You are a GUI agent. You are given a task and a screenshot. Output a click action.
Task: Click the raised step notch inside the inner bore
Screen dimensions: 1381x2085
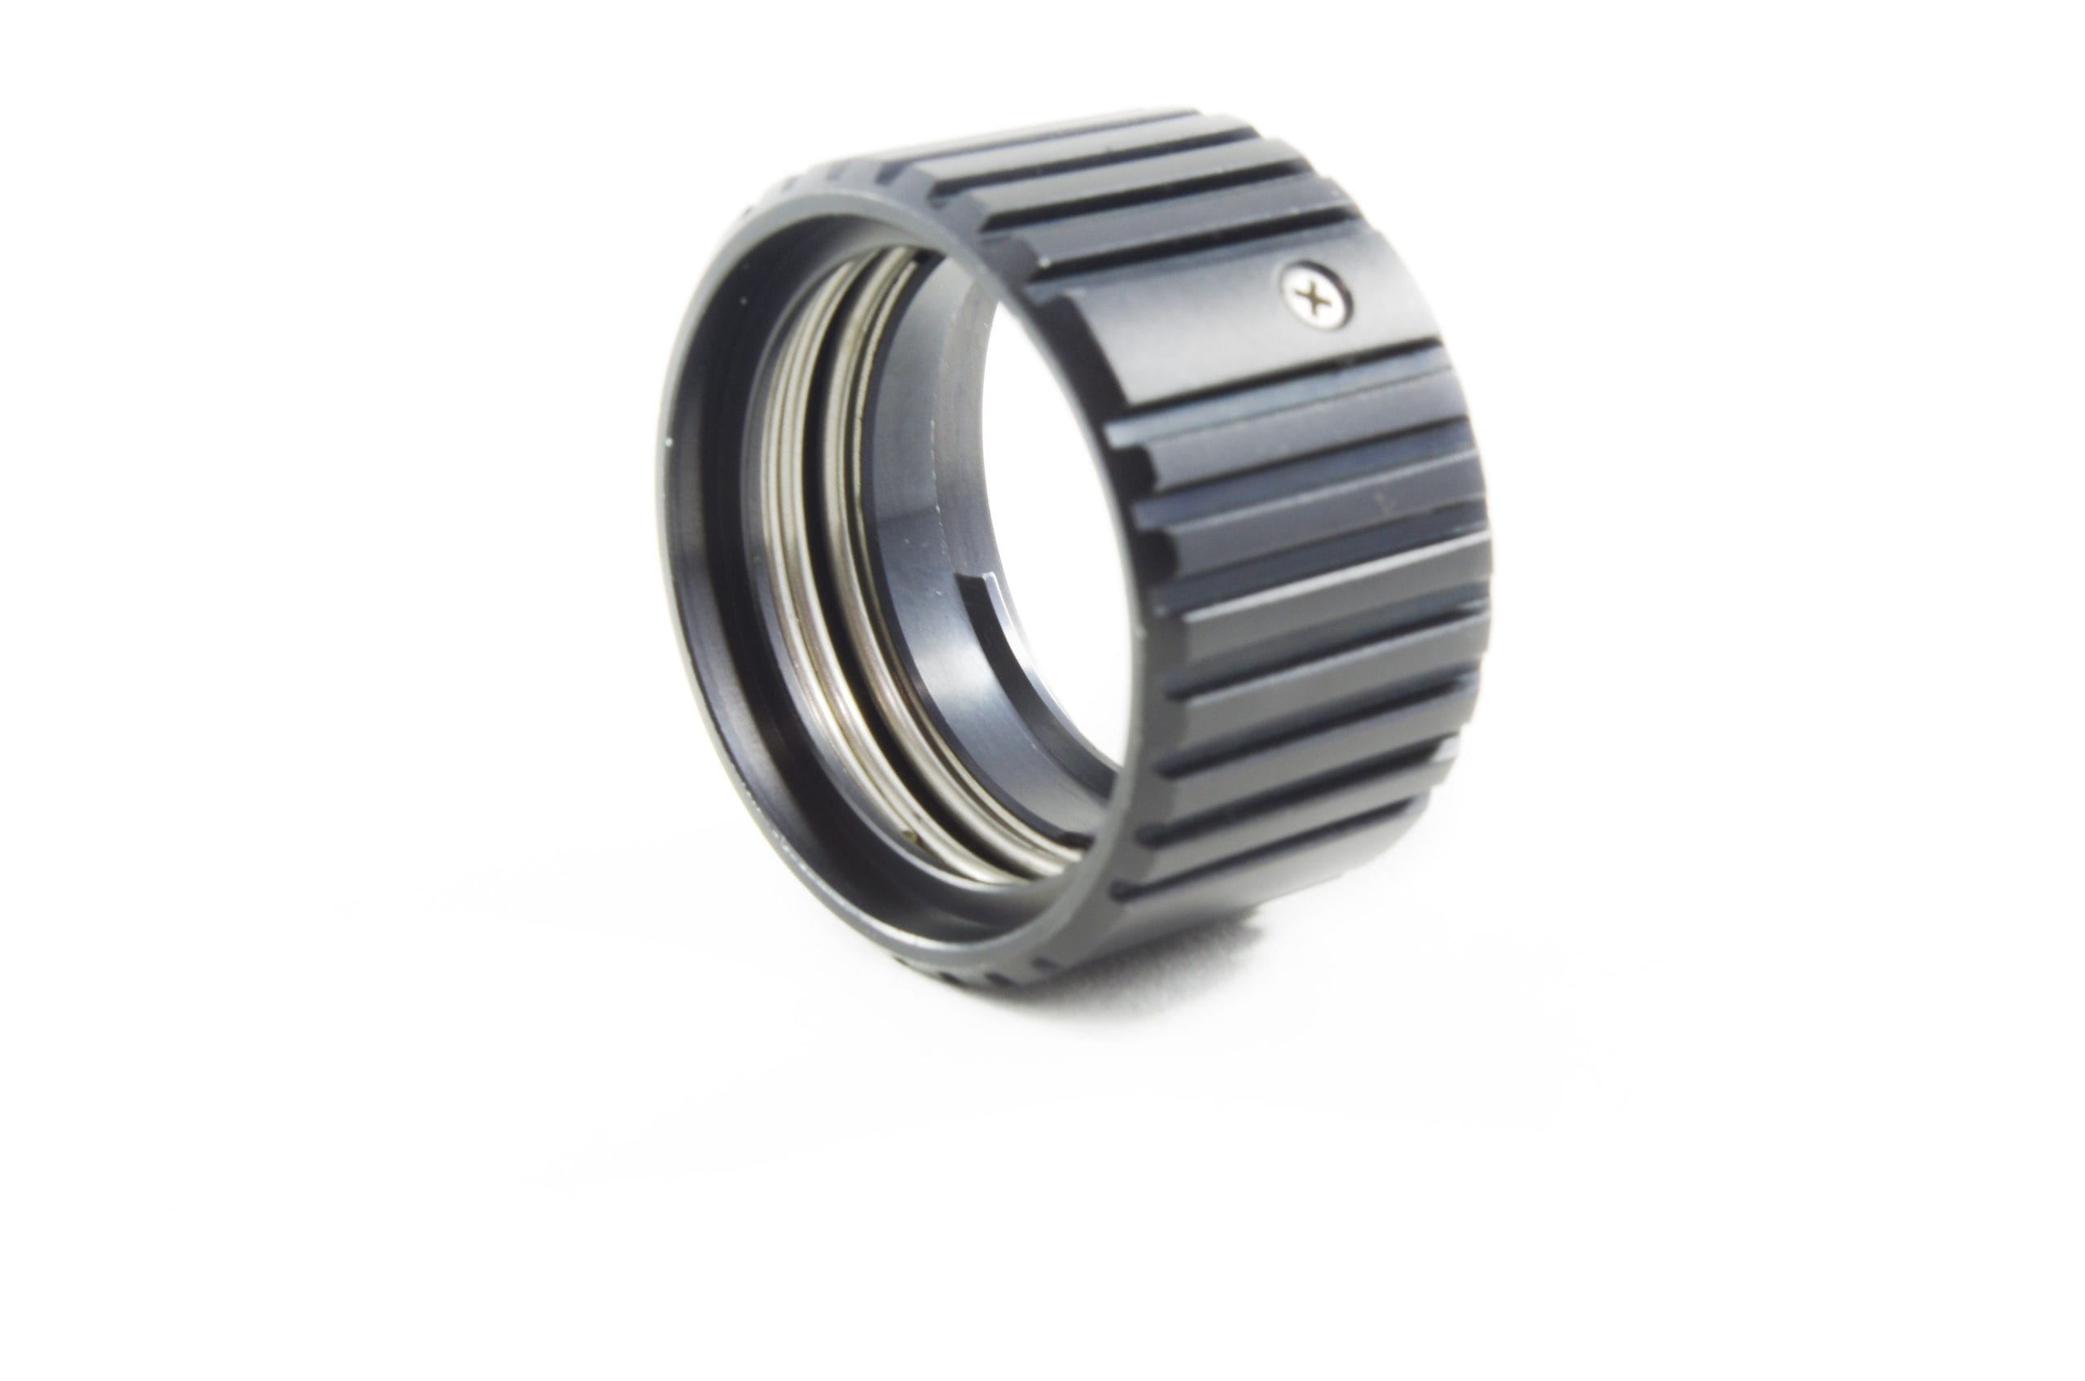986,607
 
